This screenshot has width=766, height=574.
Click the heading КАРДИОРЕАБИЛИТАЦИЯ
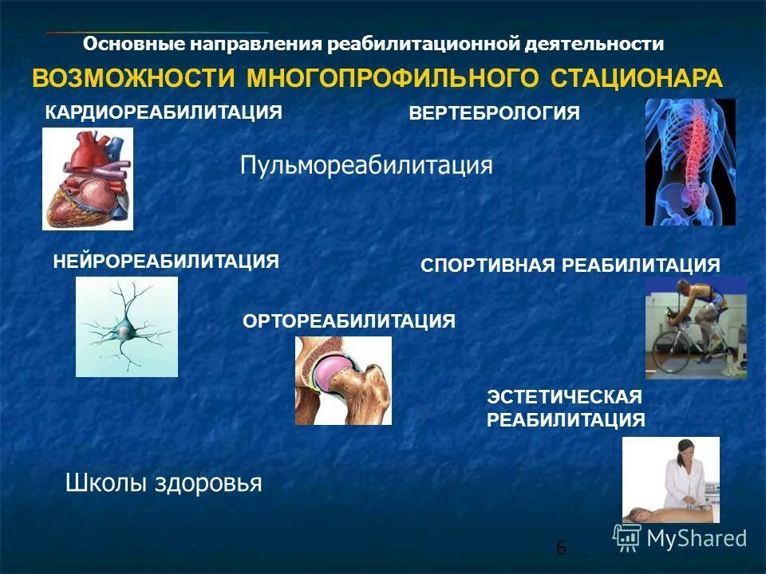pos(164,112)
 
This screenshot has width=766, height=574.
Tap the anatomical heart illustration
pos(88,179)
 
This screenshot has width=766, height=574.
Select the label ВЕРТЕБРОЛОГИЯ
pos(494,113)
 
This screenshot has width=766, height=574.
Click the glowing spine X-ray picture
pos(690,162)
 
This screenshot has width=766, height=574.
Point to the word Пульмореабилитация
pos(366,166)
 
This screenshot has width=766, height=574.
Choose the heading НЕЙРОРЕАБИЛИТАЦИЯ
pos(166,261)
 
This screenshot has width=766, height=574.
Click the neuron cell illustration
pos(126,327)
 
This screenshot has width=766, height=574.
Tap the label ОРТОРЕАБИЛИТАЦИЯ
pos(348,321)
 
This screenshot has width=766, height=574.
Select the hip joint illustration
pos(343,379)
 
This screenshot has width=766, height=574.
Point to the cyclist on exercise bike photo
pos(695,328)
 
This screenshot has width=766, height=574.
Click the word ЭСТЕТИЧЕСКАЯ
pos(564,396)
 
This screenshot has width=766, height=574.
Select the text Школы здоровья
pos(163,483)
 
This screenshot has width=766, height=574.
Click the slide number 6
pos(561,548)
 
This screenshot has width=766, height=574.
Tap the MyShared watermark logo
pos(680,537)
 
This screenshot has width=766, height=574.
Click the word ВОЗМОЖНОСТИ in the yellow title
pos(133,79)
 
